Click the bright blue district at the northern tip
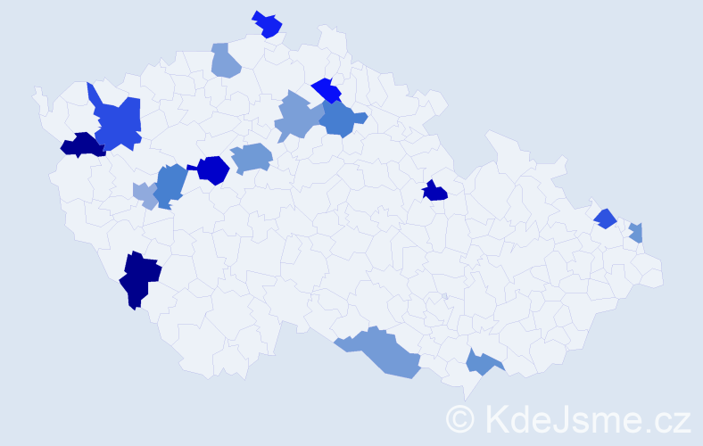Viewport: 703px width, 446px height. [268, 25]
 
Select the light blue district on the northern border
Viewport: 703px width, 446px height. [226, 61]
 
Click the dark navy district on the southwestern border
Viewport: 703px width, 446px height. [140, 277]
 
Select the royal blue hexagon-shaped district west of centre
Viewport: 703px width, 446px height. [213, 169]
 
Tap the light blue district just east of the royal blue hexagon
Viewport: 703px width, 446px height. [252, 159]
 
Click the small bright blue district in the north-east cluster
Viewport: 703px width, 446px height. [327, 90]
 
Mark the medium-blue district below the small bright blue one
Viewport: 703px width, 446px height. [341, 119]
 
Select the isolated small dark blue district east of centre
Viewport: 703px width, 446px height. [434, 191]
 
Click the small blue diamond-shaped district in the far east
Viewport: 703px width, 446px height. [606, 218]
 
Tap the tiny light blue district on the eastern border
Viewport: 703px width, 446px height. [637, 234]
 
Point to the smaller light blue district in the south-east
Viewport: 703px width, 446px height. [482, 362]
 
